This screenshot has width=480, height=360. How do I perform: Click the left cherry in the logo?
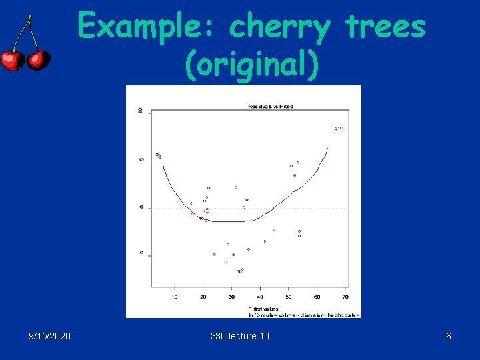(11, 60)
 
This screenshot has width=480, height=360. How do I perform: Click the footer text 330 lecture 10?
(240, 336)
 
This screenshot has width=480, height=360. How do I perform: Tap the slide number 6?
(449, 336)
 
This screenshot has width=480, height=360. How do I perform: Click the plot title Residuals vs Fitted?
(270, 106)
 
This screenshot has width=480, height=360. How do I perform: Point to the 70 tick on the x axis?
(345, 297)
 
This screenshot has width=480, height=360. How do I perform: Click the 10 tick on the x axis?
(175, 297)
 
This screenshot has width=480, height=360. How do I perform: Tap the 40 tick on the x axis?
(260, 297)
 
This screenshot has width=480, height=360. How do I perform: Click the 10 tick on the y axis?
(140, 111)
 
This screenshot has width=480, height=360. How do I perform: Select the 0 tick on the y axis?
(141, 207)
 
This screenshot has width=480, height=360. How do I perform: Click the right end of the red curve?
(327, 149)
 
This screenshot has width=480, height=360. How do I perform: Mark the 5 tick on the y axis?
(140, 159)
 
